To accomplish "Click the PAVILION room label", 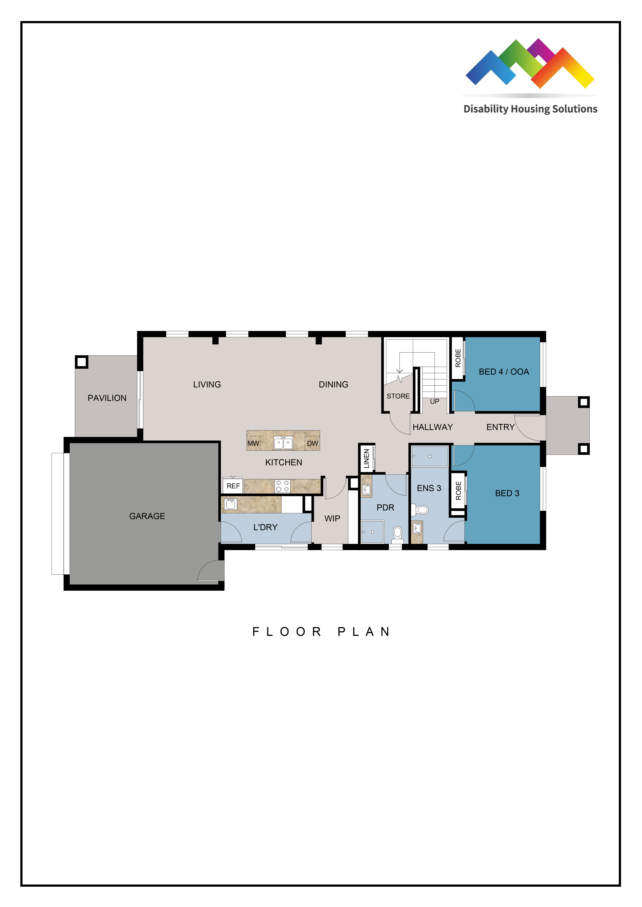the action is [x=107, y=398].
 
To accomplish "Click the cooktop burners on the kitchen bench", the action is [x=282, y=486].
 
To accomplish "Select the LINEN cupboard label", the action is [x=366, y=458].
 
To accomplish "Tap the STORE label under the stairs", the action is [x=398, y=396].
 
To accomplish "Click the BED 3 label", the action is [x=507, y=493].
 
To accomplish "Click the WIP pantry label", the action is [x=332, y=519].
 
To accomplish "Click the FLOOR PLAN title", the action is [x=321, y=632].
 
